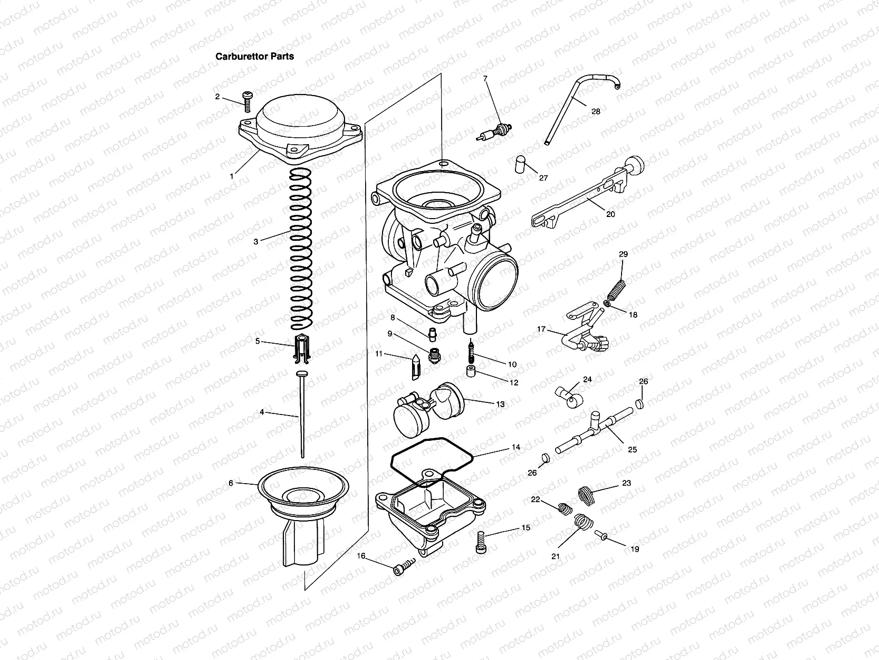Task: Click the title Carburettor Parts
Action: pos(254,56)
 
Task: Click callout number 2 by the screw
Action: pos(217,97)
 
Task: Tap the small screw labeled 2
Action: pos(246,101)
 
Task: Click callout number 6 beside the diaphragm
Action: pos(231,483)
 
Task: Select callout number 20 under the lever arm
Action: pos(610,214)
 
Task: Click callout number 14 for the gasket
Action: pos(515,447)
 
